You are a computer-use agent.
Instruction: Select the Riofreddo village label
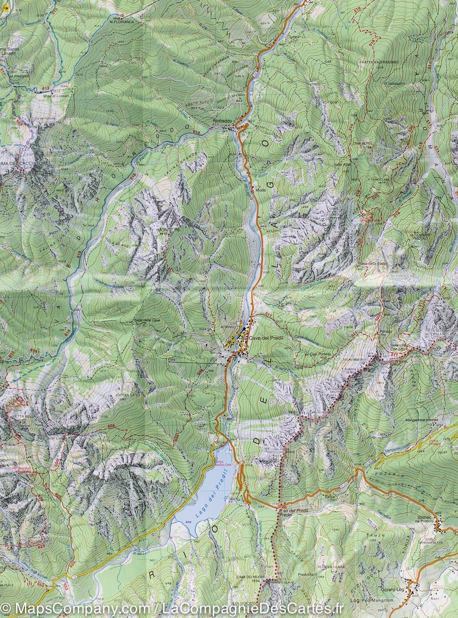[222, 121]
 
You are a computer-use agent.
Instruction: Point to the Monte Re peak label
[169, 230]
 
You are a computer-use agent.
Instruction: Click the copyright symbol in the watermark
[6, 610]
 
